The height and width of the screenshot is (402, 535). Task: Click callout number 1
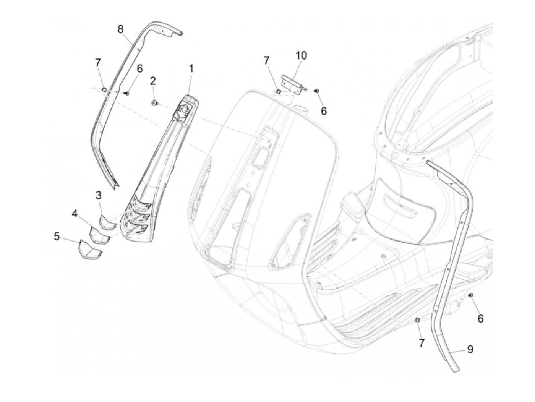pos(191,69)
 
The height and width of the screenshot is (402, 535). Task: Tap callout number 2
pos(152,81)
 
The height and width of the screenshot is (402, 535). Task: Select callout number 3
pos(99,196)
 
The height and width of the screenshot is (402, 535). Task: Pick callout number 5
pos(57,237)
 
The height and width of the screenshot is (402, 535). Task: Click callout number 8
pos(120,29)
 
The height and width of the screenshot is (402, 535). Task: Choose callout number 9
pos(470,349)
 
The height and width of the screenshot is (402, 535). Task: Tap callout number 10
pos(301,55)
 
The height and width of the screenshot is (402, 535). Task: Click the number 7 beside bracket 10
pos(266,60)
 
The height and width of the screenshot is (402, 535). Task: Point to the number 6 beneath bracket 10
pos(324,110)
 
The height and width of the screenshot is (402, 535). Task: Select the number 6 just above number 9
pos(480,318)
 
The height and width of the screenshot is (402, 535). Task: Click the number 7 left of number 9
pos(422,343)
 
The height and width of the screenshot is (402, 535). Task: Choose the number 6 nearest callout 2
pos(139,69)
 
